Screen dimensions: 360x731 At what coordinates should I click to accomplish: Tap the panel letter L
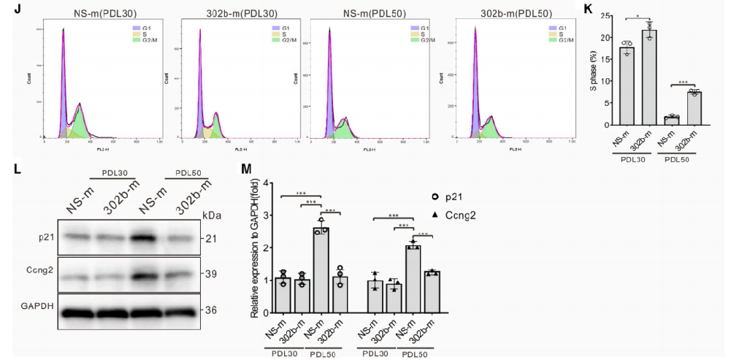(x=18, y=169)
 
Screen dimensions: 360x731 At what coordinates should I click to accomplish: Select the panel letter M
(x=247, y=169)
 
